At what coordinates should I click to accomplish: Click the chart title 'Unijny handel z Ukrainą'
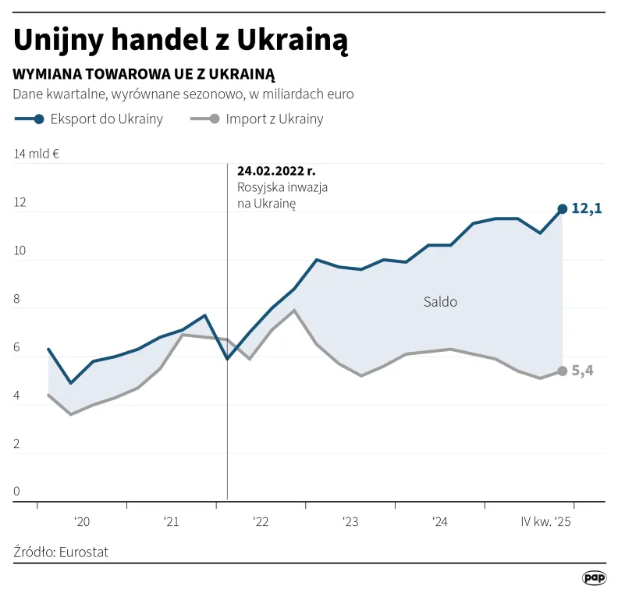point(181,41)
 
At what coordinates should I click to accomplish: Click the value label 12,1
point(587,209)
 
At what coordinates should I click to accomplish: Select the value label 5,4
point(583,371)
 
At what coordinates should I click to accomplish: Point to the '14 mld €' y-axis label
point(37,154)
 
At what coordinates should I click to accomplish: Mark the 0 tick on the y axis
point(17,492)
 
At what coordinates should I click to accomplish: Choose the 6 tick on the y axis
point(17,348)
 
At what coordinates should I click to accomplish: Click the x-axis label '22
point(261,521)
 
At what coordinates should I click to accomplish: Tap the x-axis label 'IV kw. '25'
point(545,521)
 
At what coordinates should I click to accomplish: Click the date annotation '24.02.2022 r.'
point(277,171)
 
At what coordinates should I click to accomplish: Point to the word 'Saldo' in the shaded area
point(440,302)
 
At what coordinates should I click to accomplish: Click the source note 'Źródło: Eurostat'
point(61,552)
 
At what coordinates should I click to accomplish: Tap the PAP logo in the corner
point(594,577)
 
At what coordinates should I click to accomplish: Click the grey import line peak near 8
point(294,311)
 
